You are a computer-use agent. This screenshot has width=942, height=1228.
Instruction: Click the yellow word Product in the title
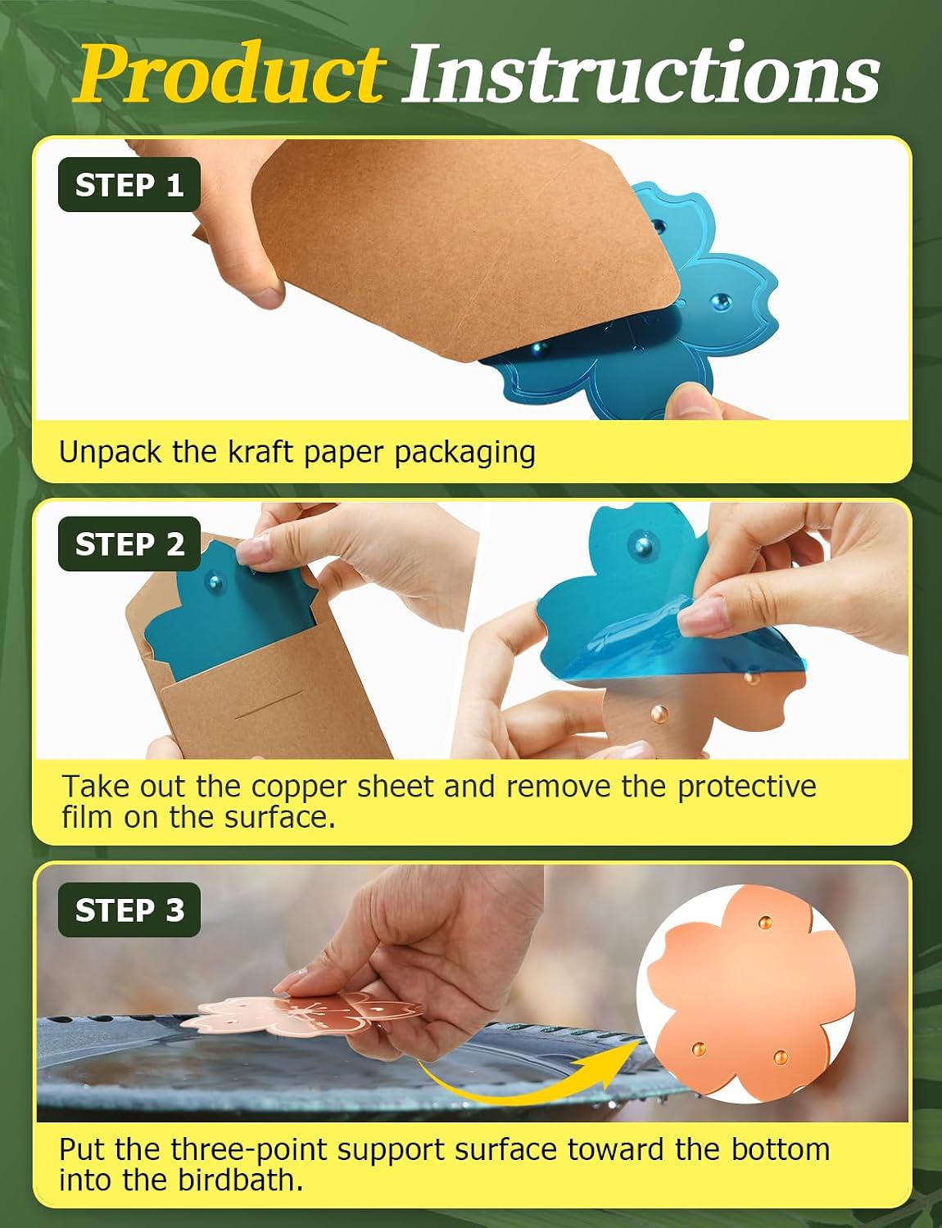pyautogui.click(x=229, y=74)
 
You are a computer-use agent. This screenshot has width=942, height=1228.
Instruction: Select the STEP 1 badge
pyautogui.click(x=129, y=185)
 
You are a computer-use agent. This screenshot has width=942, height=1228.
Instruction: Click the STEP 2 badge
pyautogui.click(x=129, y=544)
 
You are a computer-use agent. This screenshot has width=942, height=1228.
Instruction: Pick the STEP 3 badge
pyautogui.click(x=129, y=910)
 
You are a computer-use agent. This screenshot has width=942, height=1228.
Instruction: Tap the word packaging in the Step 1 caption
pyautogui.click(x=464, y=454)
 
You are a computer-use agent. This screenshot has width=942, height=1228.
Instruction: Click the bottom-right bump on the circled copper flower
pyautogui.click(x=781, y=1056)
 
